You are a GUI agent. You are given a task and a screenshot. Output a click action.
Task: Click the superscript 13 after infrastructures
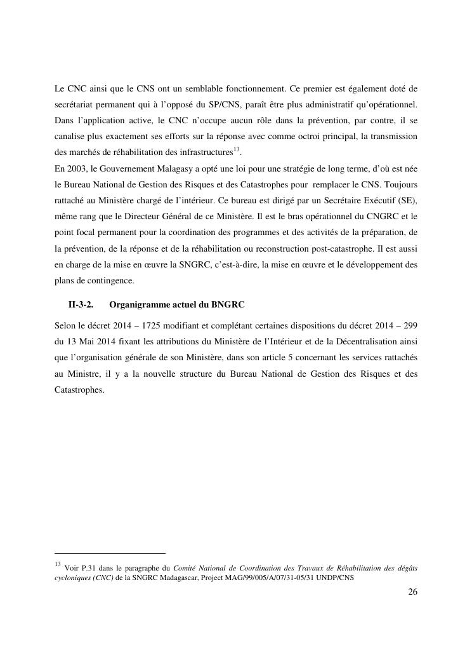pyautogui.click(x=237, y=151)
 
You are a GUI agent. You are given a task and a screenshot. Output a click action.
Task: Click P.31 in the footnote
pyautogui.click(x=91, y=565)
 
